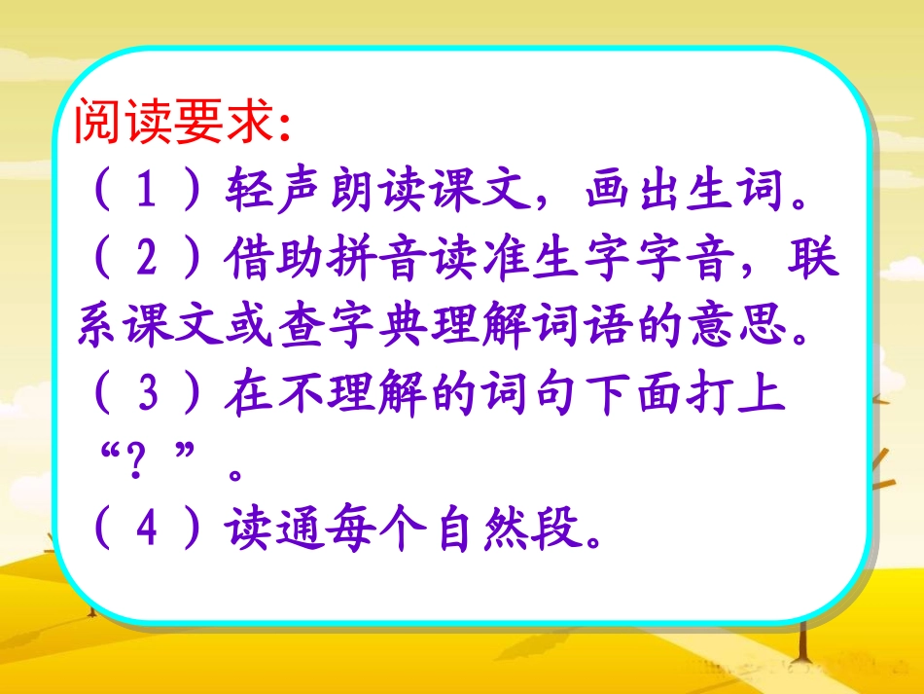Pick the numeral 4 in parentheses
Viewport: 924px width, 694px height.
coord(148,532)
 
